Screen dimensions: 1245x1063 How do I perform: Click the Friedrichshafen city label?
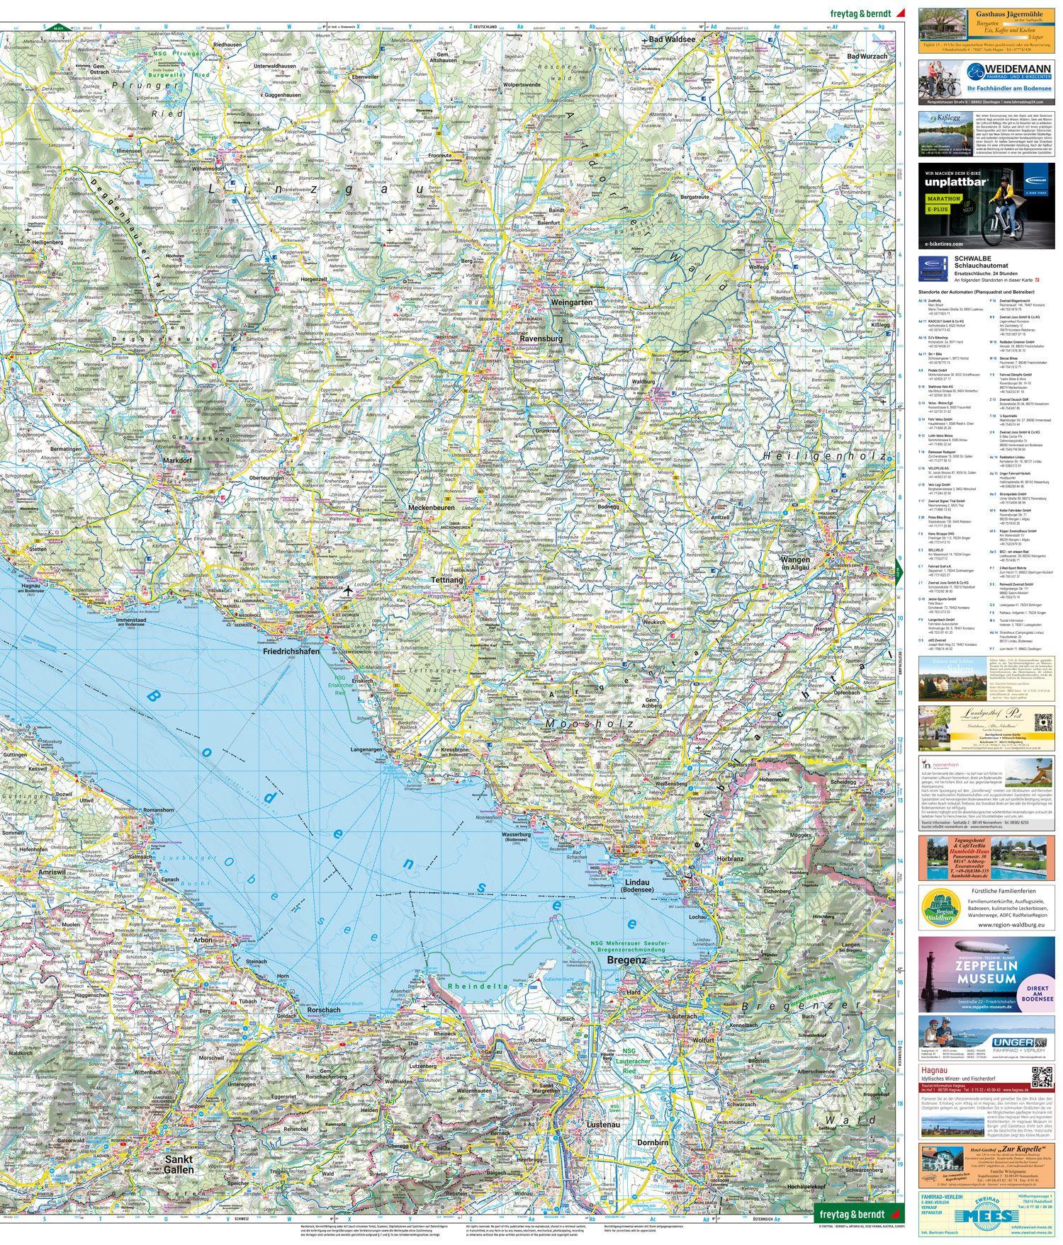tap(291, 651)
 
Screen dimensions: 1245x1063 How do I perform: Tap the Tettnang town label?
tap(446, 580)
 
